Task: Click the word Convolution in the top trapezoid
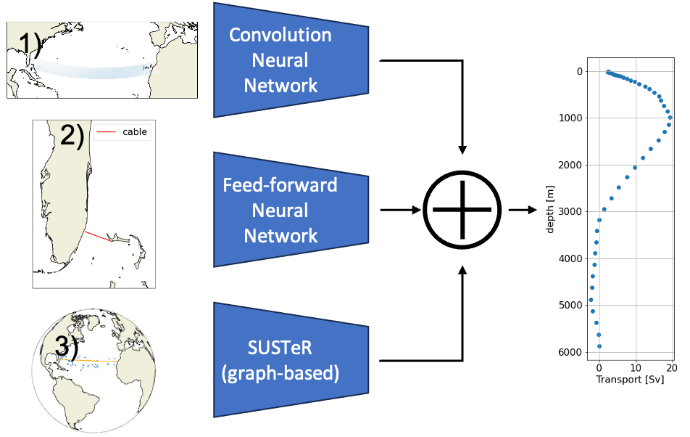(x=280, y=35)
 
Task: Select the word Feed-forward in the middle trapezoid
(x=280, y=184)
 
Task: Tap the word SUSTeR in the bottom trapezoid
(x=280, y=348)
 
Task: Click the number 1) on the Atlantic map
(x=22, y=44)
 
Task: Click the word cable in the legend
(x=135, y=131)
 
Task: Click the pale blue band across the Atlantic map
(x=94, y=70)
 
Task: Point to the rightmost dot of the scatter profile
(x=670, y=117)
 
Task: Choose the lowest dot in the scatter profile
(x=599, y=346)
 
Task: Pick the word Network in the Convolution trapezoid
(x=280, y=86)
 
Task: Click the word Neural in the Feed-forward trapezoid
(x=280, y=211)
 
